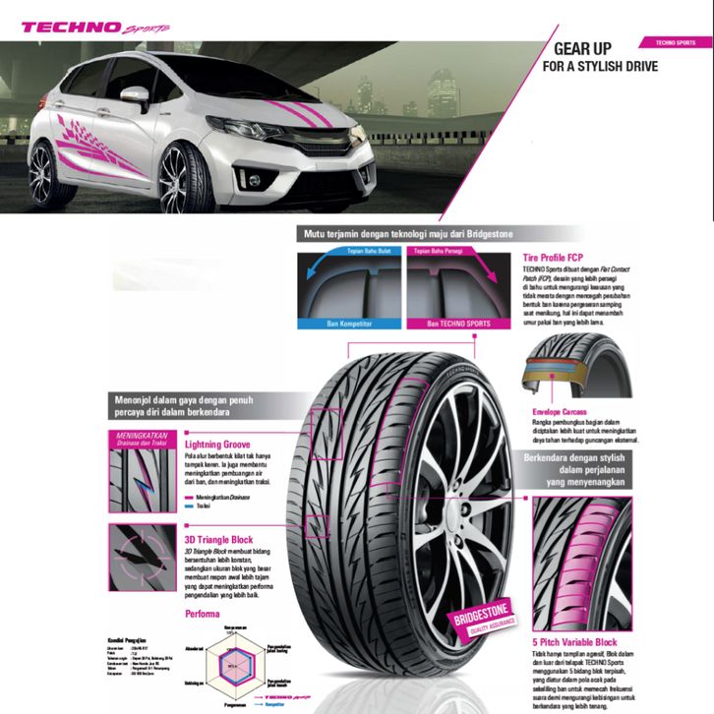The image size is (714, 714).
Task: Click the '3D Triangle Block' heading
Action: point(218,540)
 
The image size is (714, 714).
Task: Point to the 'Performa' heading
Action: point(203,613)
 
